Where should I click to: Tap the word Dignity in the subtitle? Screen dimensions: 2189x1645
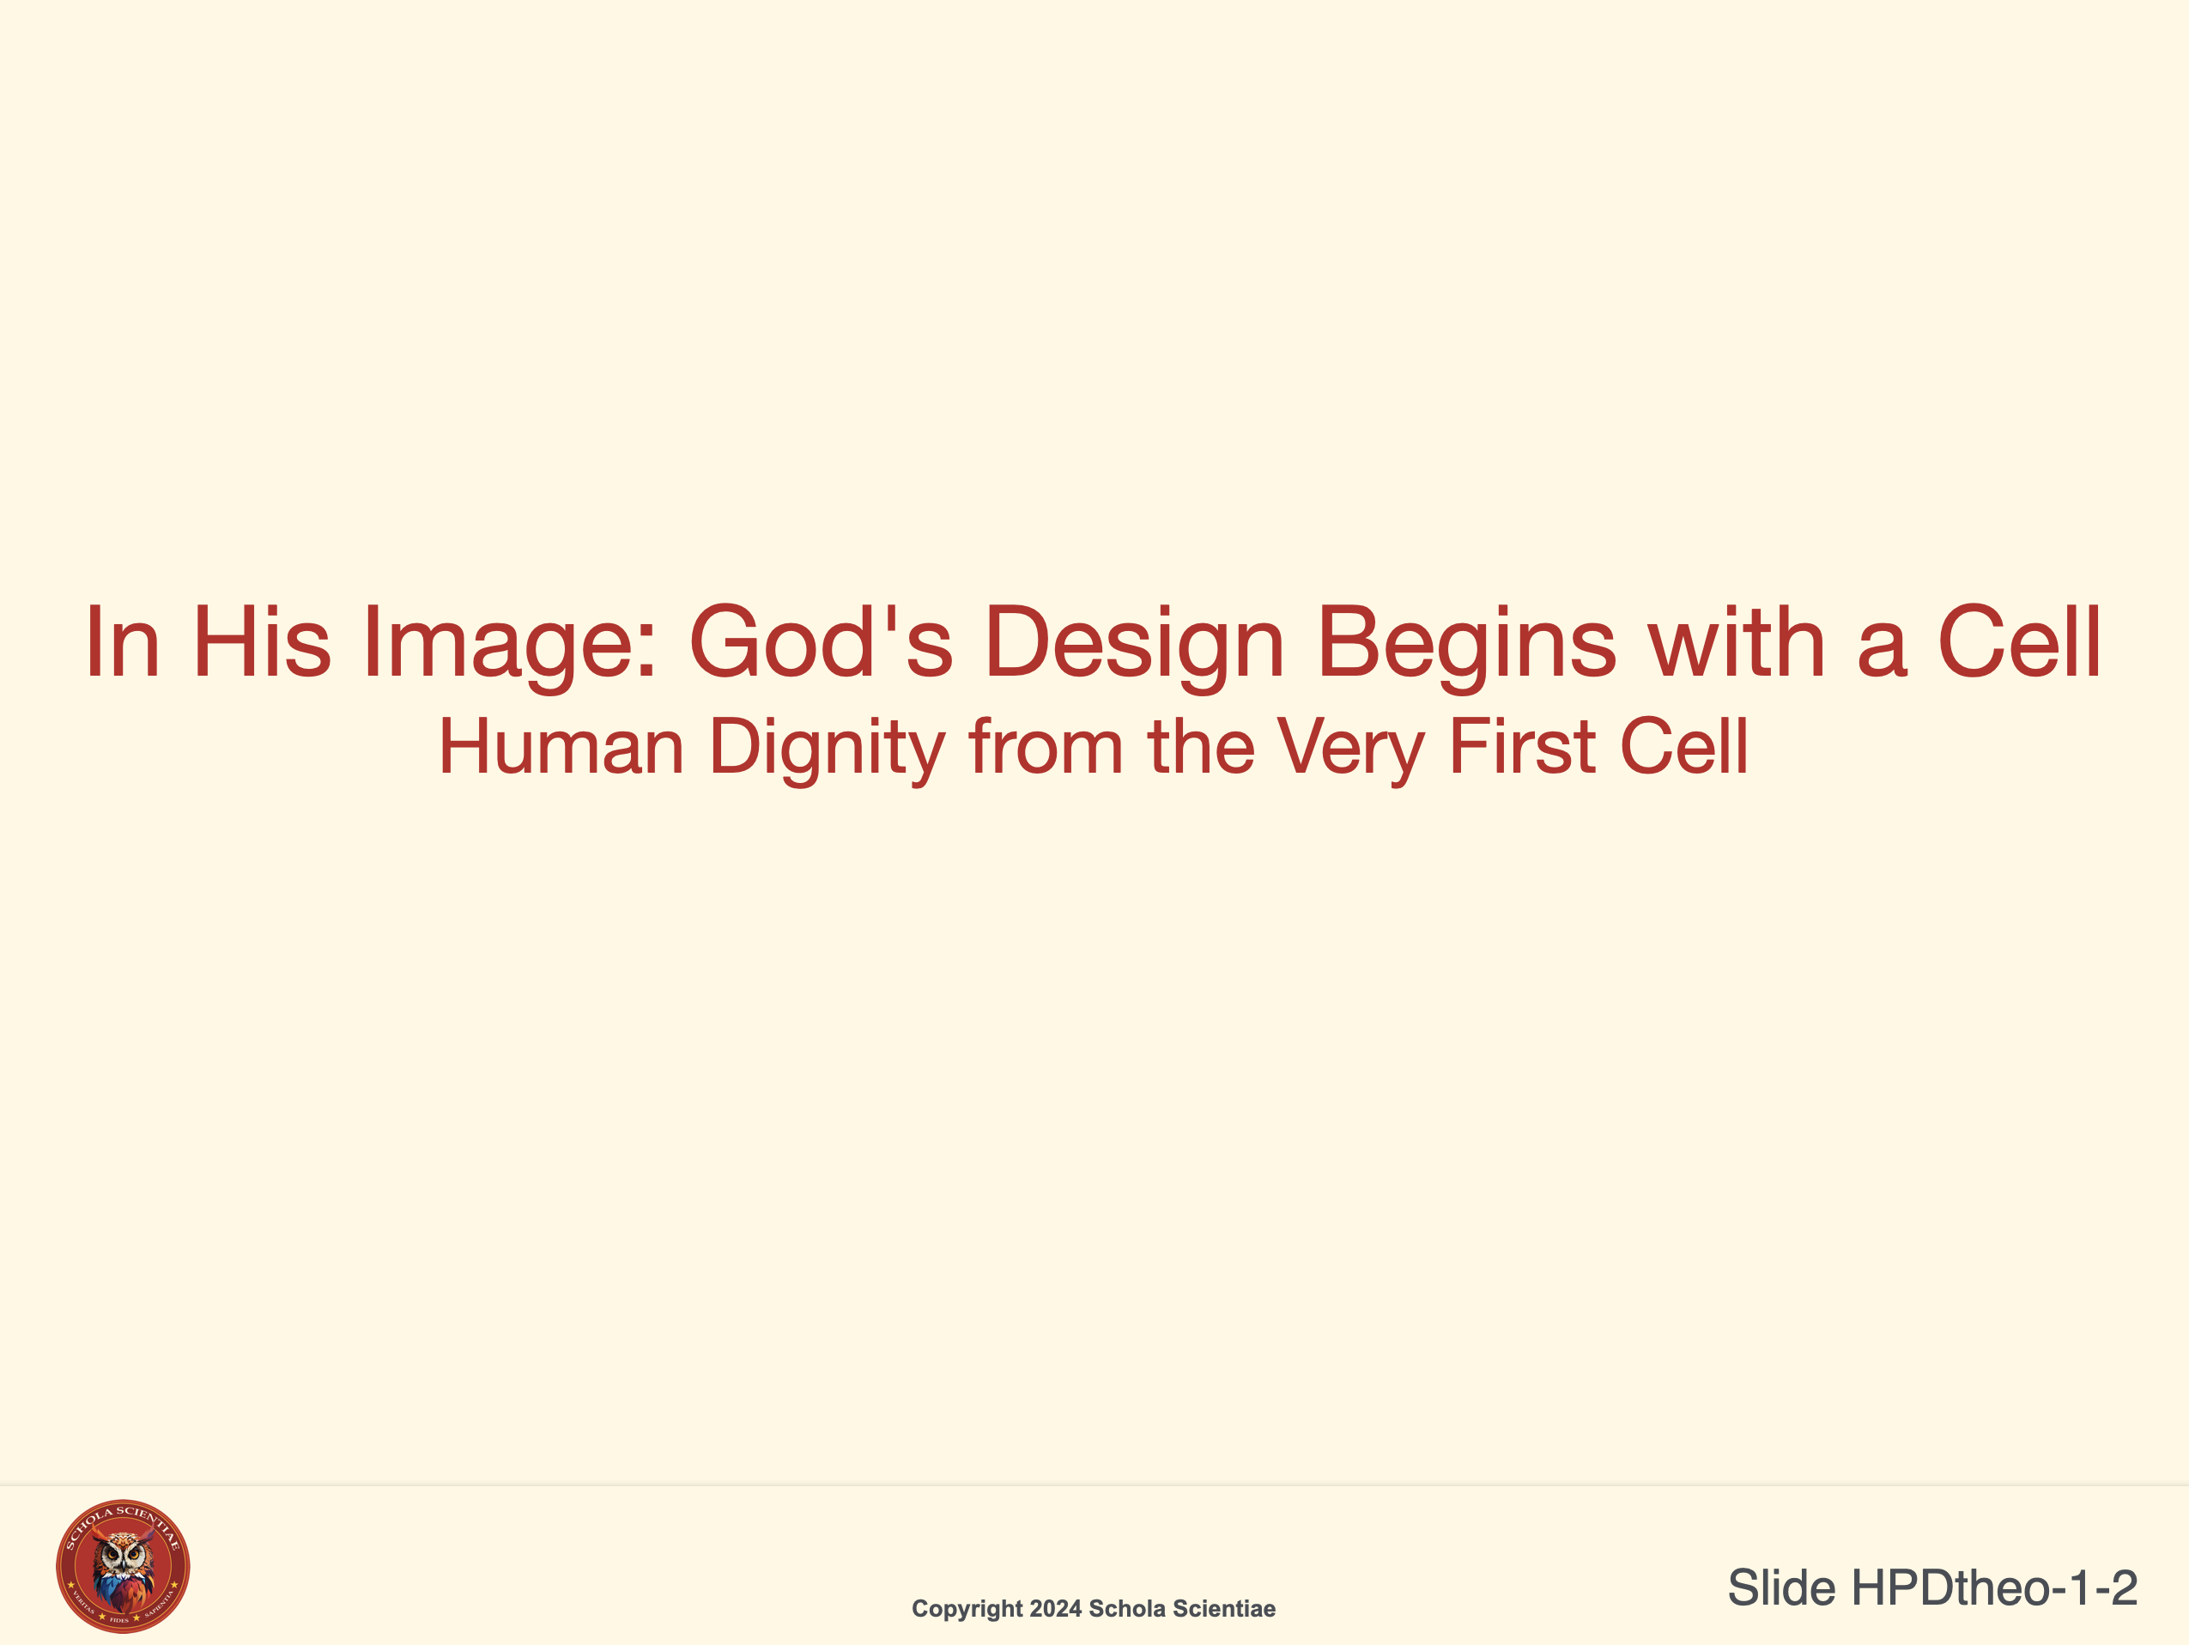(x=828, y=750)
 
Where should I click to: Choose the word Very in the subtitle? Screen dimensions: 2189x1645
(x=1349, y=750)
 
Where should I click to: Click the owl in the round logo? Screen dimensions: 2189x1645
(x=124, y=1569)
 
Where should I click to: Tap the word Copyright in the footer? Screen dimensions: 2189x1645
(x=967, y=1609)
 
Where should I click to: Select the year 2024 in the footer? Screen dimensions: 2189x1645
(x=1055, y=1608)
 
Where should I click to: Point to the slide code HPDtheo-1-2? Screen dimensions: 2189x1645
(x=1994, y=1587)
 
